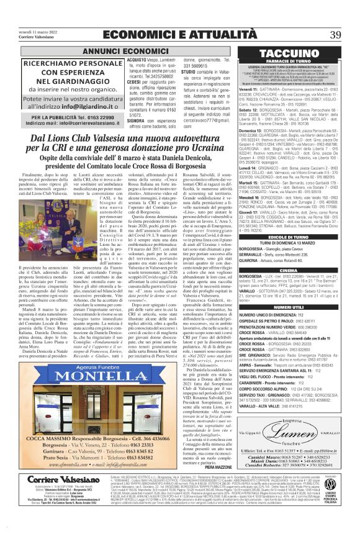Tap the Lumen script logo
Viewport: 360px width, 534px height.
pyautogui.click(x=294, y=446)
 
